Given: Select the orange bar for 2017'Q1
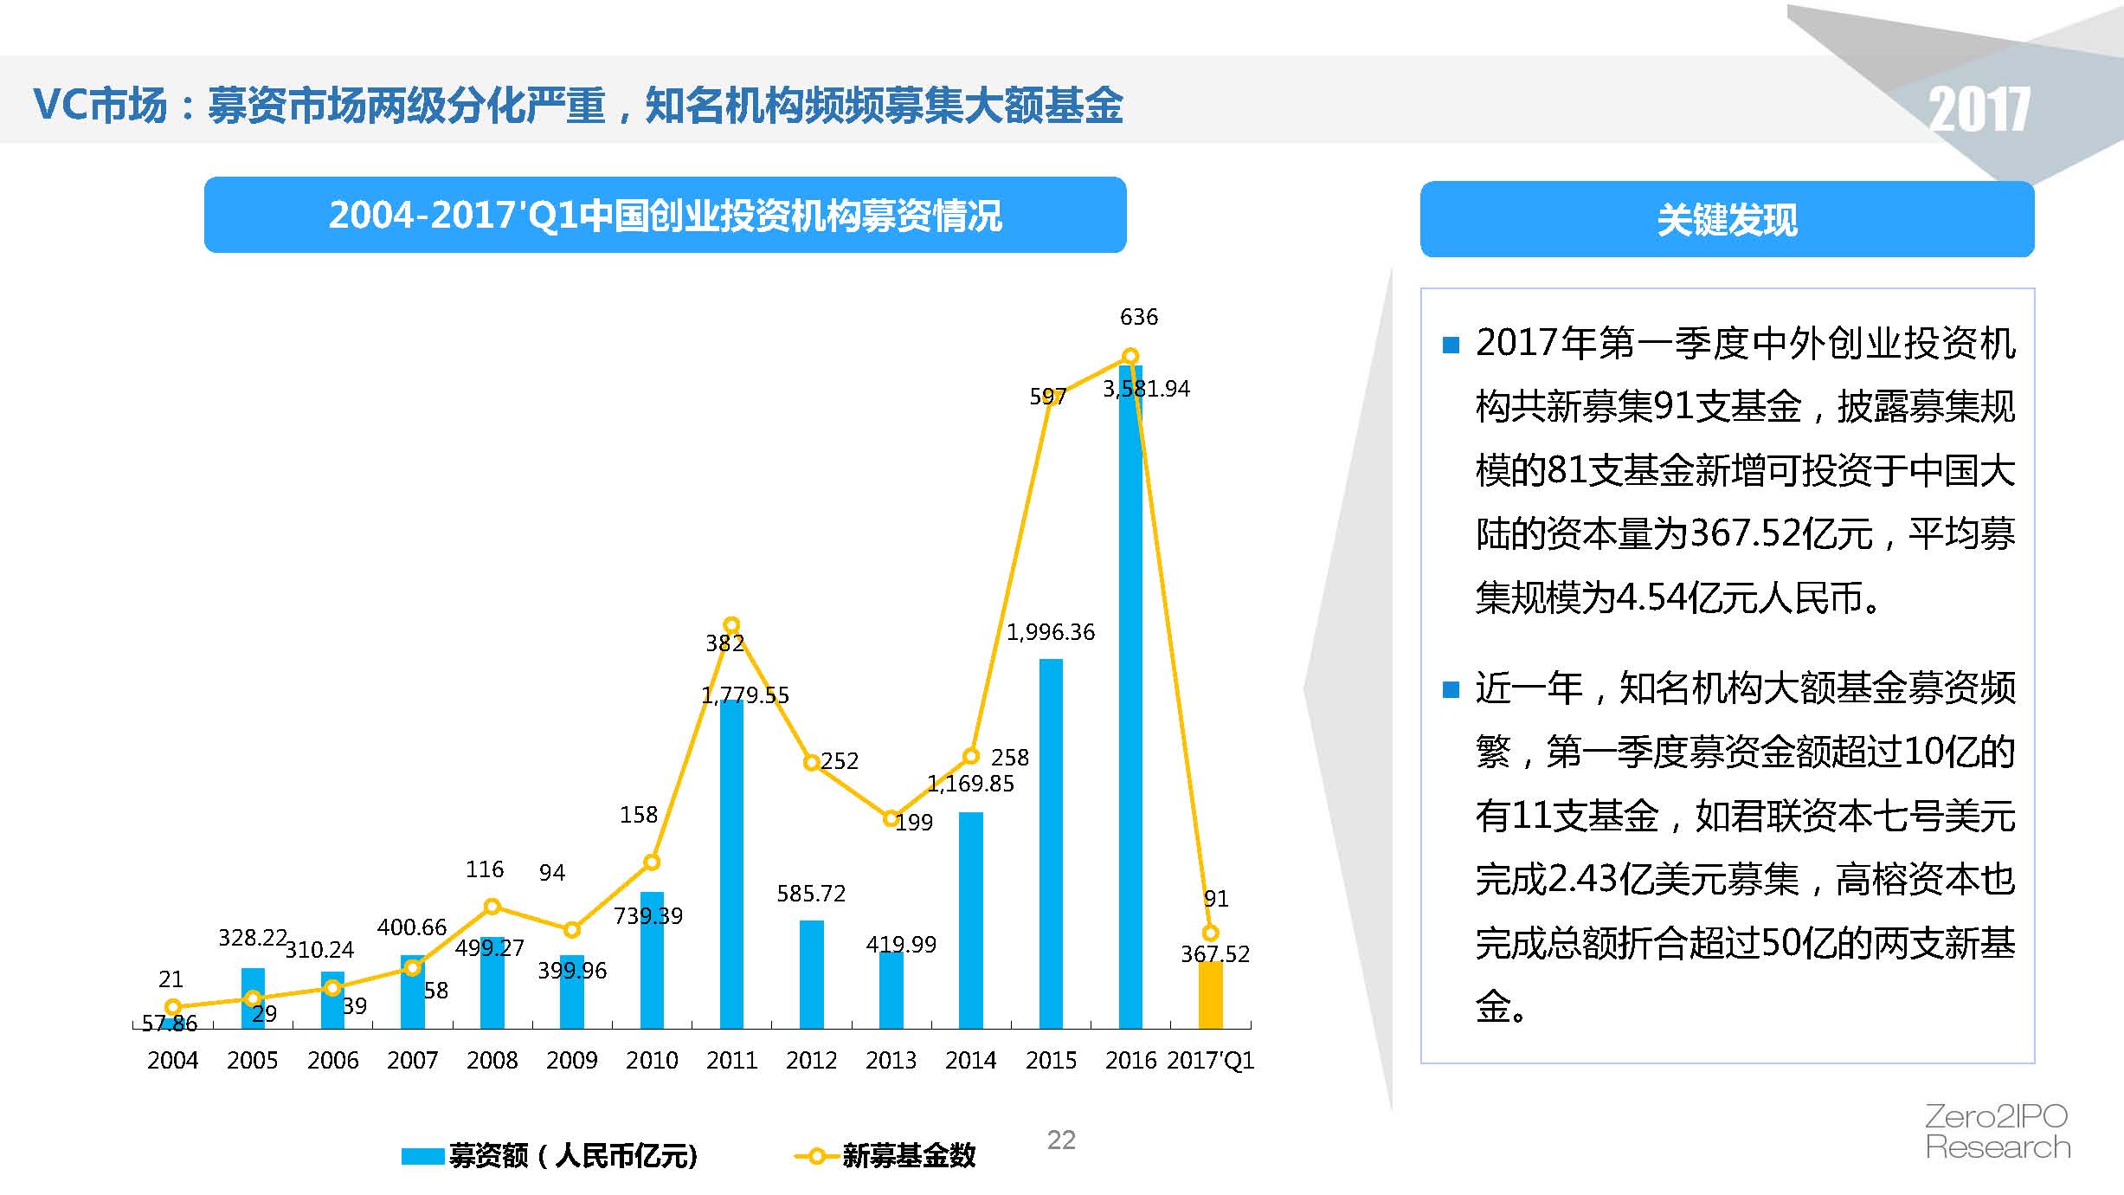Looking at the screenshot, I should (1210, 995).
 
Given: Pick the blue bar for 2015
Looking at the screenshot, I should (1051, 844).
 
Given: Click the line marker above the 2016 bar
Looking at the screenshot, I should (1130, 356).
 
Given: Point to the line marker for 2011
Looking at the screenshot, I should (731, 624).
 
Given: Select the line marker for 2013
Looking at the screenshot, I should (891, 818).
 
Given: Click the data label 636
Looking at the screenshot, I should (1138, 317).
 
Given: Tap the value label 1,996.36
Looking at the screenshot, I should (1050, 632).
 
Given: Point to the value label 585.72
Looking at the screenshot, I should (811, 893).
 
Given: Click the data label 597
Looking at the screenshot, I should (1047, 397).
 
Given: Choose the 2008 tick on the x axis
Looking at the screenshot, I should (492, 1060).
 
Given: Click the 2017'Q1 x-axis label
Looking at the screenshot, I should (1210, 1060).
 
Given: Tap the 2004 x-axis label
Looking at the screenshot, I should (172, 1060).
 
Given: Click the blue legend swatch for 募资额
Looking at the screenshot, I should (422, 1156).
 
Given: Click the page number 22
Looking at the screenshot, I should (1061, 1140).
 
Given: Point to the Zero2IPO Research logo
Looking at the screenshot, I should (1998, 1132).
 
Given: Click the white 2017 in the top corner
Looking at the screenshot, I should (1979, 110).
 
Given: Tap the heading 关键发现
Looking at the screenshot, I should (1727, 220).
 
